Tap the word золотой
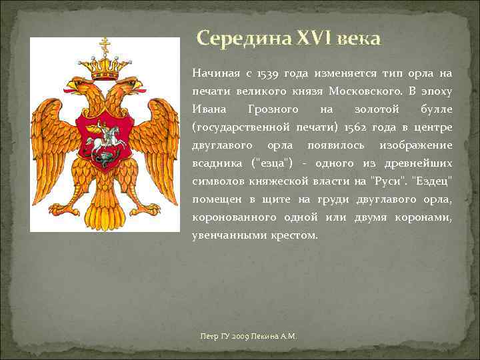pyautogui.click(x=377, y=109)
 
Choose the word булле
pyautogui.click(x=437, y=109)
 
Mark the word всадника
pyautogui.click(x=215, y=163)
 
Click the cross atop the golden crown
pyautogui.click(x=104, y=45)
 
